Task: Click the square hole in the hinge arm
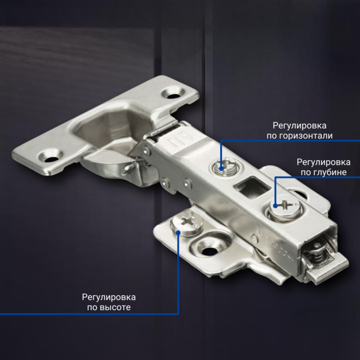pyautogui.click(x=248, y=185)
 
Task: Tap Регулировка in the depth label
pyautogui.click(x=324, y=162)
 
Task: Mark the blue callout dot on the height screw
pyautogui.click(x=179, y=232)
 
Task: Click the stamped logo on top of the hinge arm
pyautogui.click(x=175, y=143)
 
